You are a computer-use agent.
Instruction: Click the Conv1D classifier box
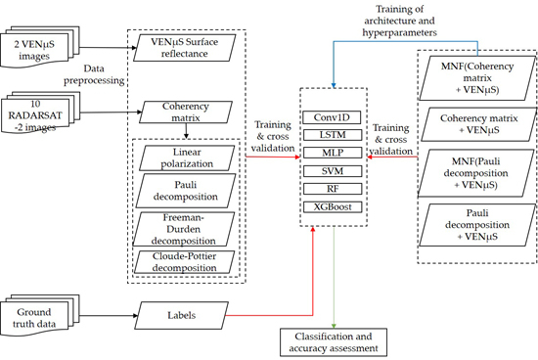pos(332,117)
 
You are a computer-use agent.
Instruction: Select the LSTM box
pos(333,135)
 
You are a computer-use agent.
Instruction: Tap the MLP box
pos(333,153)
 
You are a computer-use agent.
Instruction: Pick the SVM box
pos(333,171)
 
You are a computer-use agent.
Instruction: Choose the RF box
pos(333,189)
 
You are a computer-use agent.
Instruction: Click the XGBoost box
pos(333,207)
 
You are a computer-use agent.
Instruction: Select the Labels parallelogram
pos(182,315)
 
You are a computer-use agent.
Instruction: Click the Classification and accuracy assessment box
pos(334,342)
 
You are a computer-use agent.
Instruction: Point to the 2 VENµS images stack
pos(39,47)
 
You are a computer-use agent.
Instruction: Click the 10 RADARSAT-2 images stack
pos(40,112)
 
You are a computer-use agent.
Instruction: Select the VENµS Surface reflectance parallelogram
pos(185,48)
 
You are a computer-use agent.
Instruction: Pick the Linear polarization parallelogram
pos(187,157)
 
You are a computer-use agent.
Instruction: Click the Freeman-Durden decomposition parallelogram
pos(184,229)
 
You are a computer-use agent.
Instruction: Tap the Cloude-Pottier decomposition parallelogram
pos(184,262)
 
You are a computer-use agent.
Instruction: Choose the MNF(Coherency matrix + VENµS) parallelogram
pos(477,78)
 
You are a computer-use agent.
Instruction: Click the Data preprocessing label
pos(94,74)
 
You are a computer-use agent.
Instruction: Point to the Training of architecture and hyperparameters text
pos(400,21)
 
